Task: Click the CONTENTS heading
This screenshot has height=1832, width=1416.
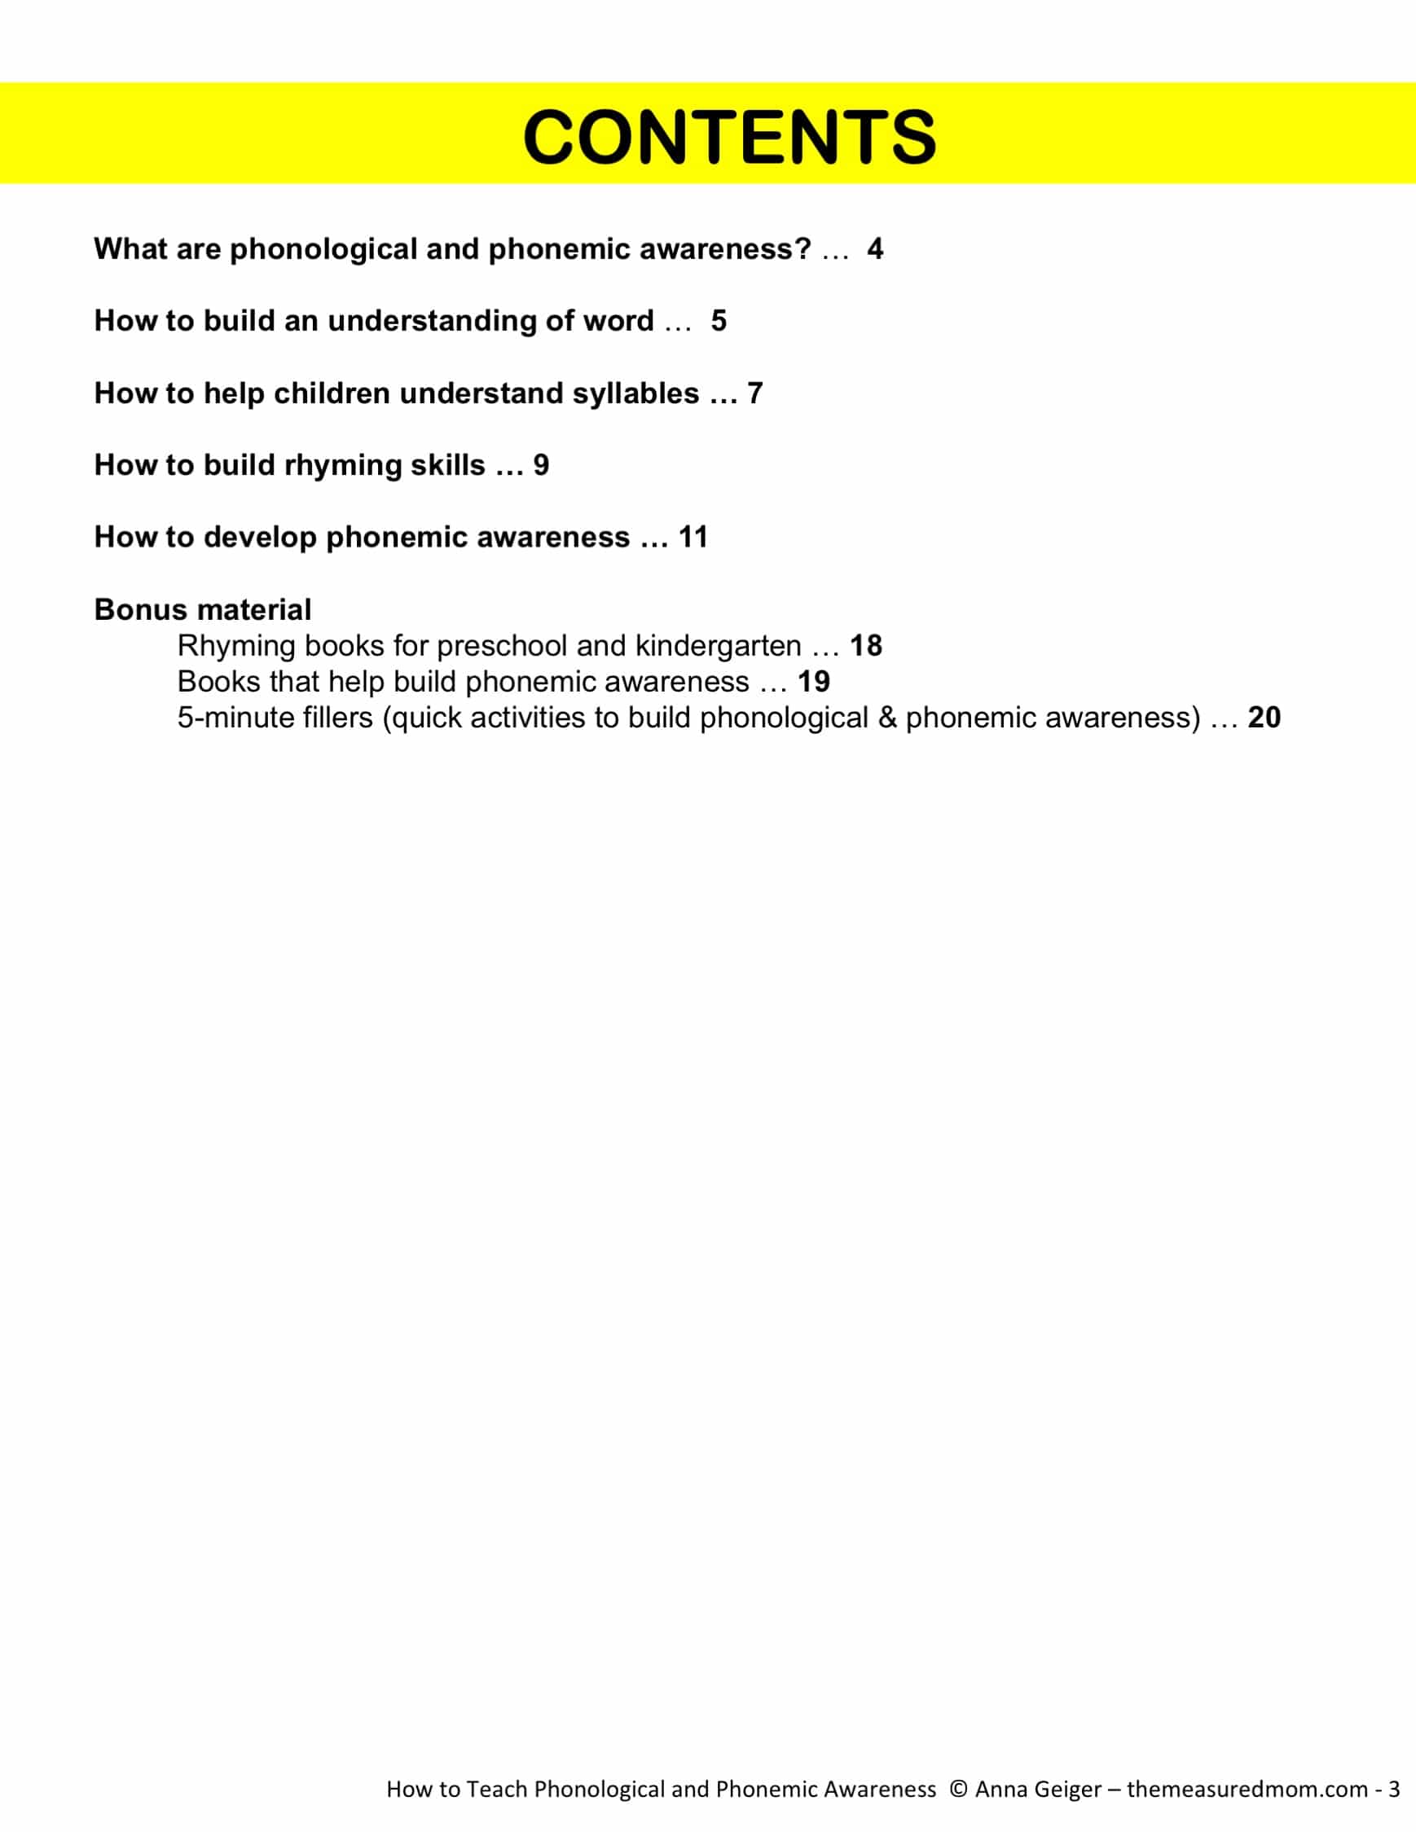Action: tap(729, 136)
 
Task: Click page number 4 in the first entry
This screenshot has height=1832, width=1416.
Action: tap(875, 249)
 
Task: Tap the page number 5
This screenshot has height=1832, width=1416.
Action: tap(719, 321)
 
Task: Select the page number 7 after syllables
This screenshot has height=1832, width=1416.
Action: tap(755, 393)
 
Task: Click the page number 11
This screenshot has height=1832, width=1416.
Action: tap(693, 538)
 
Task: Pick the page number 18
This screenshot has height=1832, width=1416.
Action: tap(866, 646)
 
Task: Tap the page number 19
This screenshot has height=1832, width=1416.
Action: tap(814, 682)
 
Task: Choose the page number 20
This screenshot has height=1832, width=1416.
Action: tap(1264, 718)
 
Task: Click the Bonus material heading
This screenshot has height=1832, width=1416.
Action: tap(202, 610)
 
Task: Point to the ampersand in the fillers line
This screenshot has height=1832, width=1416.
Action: tap(886, 718)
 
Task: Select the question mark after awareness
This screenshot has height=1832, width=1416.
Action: tap(803, 249)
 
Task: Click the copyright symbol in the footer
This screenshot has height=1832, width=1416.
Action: tap(958, 1789)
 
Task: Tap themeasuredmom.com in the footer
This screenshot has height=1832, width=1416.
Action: tap(1247, 1789)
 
